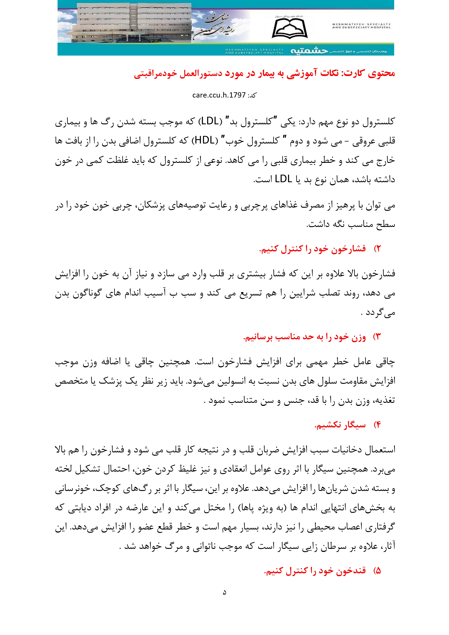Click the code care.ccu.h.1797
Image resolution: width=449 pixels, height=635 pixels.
pyautogui.click(x=219, y=95)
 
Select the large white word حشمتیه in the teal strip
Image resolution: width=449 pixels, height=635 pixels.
pyautogui.click(x=309, y=51)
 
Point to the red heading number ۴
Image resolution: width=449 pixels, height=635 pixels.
pyautogui.click(x=377, y=425)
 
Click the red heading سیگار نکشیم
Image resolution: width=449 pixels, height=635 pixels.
pyautogui.click(x=340, y=425)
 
